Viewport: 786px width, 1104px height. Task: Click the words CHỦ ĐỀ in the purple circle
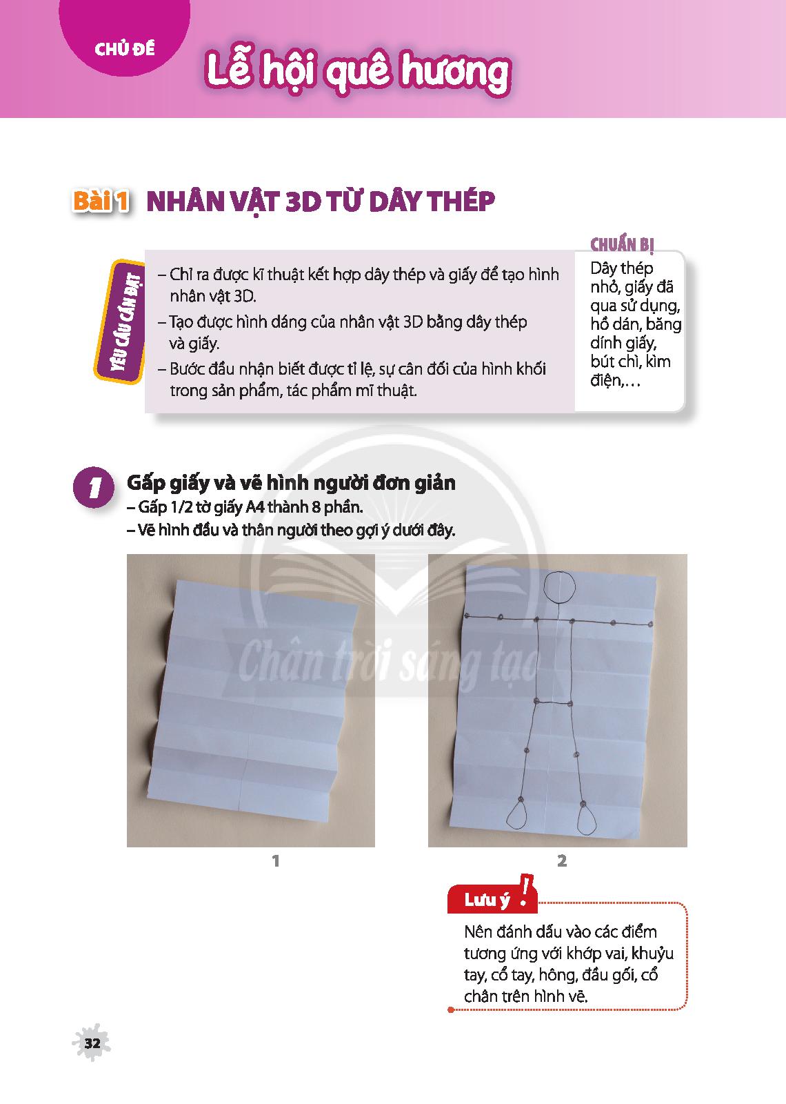[125, 48]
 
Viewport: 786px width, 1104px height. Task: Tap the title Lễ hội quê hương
[358, 72]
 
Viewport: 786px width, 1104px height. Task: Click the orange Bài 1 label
[101, 201]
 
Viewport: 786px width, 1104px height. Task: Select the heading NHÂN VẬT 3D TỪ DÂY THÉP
[321, 201]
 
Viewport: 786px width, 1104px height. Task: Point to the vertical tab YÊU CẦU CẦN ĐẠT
[119, 322]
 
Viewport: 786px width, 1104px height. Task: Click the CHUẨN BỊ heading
[622, 244]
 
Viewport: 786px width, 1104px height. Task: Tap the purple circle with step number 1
[93, 487]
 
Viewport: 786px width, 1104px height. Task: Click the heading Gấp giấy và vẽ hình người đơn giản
[291, 482]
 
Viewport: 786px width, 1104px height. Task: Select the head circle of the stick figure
[560, 587]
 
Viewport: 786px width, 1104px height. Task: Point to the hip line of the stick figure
[554, 702]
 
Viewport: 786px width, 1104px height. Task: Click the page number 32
[92, 1043]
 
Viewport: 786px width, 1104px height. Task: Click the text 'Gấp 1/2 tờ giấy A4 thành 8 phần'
[245, 506]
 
